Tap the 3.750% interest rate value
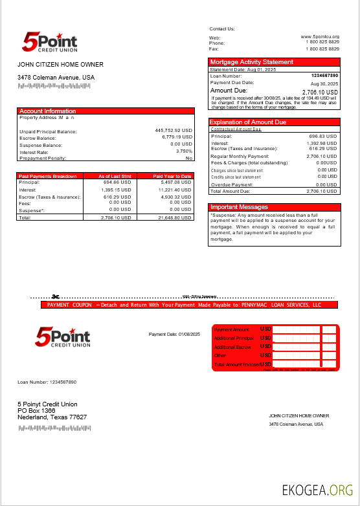(184, 151)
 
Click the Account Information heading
(47, 111)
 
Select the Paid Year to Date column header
(172, 176)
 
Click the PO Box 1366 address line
(36, 411)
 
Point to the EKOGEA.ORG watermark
(317, 490)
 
